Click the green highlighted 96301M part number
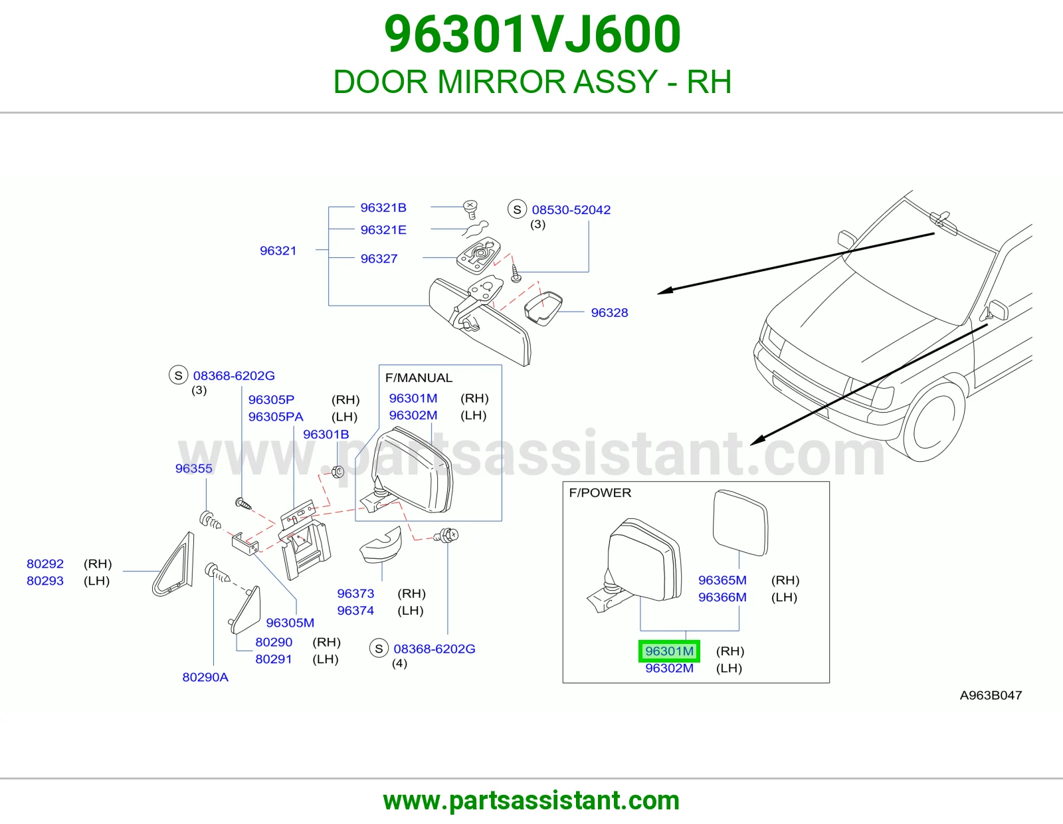point(669,651)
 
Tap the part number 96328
point(609,313)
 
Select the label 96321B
point(383,207)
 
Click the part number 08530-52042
point(571,210)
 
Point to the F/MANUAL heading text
point(419,377)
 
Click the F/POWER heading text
point(600,492)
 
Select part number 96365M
point(722,580)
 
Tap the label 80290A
point(205,677)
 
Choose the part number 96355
point(194,468)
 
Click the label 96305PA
point(276,417)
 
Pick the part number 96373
point(355,593)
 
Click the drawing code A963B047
point(991,695)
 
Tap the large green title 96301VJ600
point(532,35)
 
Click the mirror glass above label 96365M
point(740,523)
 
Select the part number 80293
point(45,581)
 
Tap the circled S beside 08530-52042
point(517,209)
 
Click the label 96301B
point(326,434)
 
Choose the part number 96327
point(379,258)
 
